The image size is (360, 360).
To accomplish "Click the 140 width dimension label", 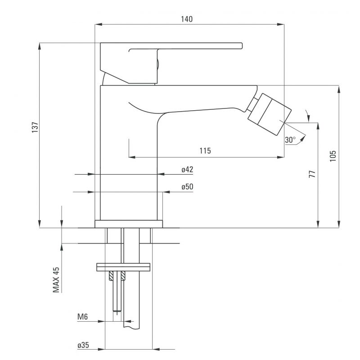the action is point(187,19).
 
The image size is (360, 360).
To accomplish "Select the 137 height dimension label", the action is point(35,127).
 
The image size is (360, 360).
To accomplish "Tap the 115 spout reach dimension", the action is point(205,151).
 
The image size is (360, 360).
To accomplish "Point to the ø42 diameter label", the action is point(187,170).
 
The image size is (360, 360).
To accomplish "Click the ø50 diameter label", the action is point(187,187).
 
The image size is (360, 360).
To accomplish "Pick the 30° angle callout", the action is point(290,139).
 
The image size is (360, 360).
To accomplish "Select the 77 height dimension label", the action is point(312,174).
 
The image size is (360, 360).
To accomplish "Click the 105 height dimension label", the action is point(333,156).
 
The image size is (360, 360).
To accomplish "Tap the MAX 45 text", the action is point(56,279).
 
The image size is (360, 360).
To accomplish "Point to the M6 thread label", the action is point(82,317).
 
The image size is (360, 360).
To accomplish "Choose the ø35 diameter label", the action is point(83,345).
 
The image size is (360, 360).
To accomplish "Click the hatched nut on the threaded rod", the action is point(117,276).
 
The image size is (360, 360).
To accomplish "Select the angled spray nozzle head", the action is point(269,114).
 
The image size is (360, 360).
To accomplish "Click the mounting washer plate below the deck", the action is point(123,267).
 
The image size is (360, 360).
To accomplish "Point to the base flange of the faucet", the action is point(129,224).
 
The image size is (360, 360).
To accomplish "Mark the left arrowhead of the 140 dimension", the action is point(98,24).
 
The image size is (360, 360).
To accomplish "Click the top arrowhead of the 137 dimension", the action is point(40,46).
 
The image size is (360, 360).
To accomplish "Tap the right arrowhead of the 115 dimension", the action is point(281,157).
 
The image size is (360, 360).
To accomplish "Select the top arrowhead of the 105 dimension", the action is point(339,89).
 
